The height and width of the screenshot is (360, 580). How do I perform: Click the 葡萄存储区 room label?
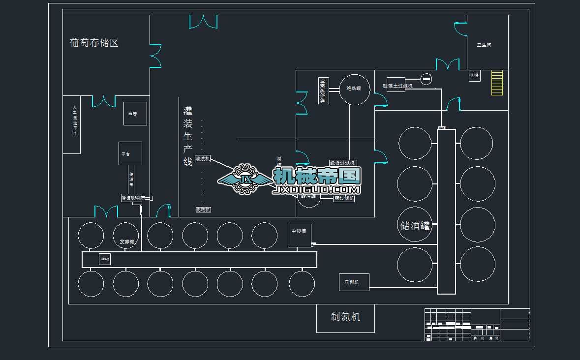click(94, 43)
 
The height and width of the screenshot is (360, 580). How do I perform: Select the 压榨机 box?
click(354, 282)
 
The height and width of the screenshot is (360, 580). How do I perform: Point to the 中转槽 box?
click(300, 235)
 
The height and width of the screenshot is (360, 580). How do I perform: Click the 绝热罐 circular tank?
click(355, 90)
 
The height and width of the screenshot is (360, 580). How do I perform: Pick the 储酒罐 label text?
click(415, 226)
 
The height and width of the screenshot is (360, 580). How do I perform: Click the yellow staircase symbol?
click(497, 83)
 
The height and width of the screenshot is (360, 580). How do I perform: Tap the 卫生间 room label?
click(484, 45)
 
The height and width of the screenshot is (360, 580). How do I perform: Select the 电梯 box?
click(474, 76)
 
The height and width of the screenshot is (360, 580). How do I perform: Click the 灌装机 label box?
click(203, 159)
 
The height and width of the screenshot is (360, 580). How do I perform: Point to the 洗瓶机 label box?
click(203, 210)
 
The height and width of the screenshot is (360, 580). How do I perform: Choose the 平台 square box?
click(130, 153)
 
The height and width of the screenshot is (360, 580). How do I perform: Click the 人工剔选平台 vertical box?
click(72, 124)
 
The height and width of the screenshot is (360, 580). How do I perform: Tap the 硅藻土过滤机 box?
click(396, 85)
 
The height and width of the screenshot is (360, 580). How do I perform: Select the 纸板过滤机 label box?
click(343, 163)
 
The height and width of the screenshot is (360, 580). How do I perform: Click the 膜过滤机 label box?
click(344, 199)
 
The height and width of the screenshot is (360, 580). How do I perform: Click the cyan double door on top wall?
click(203, 21)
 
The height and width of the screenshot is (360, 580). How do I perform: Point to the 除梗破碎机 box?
click(131, 198)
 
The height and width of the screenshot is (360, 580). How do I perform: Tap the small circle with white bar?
click(426, 79)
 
